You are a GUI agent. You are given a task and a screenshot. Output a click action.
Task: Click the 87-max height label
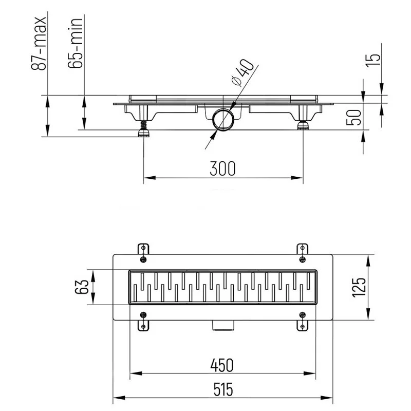pyautogui.click(x=39, y=44)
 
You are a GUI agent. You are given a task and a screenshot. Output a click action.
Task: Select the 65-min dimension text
pyautogui.click(x=76, y=43)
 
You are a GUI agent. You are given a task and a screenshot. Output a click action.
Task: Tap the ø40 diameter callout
pyautogui.click(x=242, y=72)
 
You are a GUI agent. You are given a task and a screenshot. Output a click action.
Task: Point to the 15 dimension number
pyautogui.click(x=373, y=60)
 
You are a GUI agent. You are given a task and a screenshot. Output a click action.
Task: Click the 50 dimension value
pyautogui.click(x=354, y=118)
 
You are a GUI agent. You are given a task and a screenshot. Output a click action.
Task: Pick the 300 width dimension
pyautogui.click(x=223, y=169)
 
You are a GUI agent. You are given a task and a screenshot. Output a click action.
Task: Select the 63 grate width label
pyautogui.click(x=82, y=287)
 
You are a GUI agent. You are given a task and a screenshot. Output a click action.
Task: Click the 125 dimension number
pyautogui.click(x=359, y=287)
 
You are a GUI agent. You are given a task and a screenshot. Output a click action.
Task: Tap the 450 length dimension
pyautogui.click(x=222, y=365)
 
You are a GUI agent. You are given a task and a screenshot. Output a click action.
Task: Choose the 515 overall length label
pyautogui.click(x=223, y=389)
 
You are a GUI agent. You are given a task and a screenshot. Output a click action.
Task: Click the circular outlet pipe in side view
pyautogui.click(x=222, y=119)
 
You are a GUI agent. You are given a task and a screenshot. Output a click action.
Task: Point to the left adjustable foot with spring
pyautogui.click(x=143, y=129)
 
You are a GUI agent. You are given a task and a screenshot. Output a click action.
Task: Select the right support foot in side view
pyautogui.click(x=303, y=125)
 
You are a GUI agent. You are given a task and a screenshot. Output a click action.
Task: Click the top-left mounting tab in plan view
pyautogui.click(x=143, y=249)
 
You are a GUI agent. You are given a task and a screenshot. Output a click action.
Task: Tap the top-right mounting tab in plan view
pyautogui.click(x=302, y=249)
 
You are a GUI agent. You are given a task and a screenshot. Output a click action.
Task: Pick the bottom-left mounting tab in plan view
pyautogui.click(x=143, y=325)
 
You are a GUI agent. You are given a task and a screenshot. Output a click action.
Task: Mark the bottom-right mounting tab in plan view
pyautogui.click(x=302, y=325)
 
